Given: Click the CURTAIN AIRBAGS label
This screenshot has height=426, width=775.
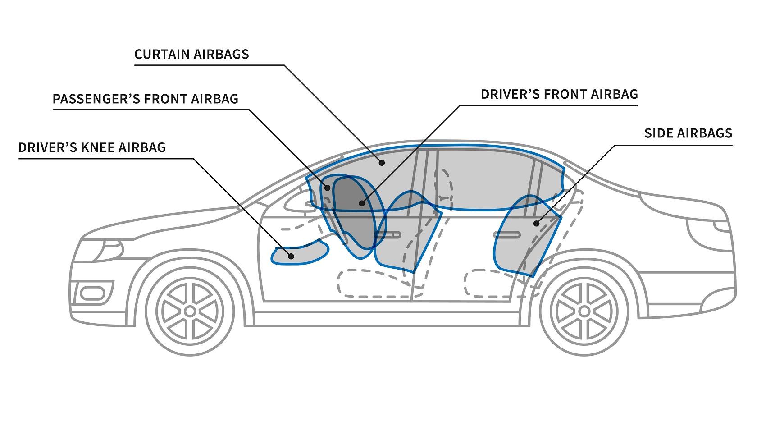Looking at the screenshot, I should click(191, 55).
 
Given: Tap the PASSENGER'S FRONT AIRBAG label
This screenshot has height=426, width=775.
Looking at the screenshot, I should click(146, 99).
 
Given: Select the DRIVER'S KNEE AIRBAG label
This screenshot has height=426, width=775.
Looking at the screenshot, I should click(92, 147).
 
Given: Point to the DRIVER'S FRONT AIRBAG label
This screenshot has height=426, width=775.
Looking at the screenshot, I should click(559, 94).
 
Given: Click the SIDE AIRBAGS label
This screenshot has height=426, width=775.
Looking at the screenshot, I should click(688, 133).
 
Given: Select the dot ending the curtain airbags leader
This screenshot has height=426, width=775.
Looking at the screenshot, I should click(382, 162).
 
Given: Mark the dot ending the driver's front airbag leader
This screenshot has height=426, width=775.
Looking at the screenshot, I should click(361, 203).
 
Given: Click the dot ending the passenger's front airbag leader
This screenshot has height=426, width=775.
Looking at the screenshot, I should click(328, 188).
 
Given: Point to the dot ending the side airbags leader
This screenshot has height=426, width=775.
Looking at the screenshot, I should click(536, 223).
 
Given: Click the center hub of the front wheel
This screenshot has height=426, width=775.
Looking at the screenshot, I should click(190, 311).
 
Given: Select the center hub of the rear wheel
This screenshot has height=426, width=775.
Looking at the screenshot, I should click(584, 311).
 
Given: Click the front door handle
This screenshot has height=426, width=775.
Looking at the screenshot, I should click(388, 234).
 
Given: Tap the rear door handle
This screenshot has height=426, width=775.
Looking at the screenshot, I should click(507, 234).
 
